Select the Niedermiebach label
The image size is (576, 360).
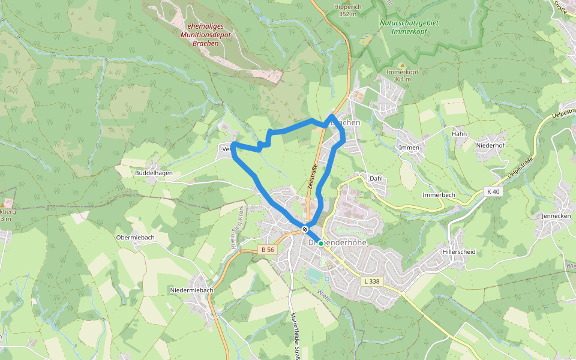coord(192,290)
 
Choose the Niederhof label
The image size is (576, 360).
coord(490,145)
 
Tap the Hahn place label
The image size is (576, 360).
coord(459,134)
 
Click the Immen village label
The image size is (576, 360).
coord(409,148)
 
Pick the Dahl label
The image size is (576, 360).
coord(376,179)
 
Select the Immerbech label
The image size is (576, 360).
coord(439,196)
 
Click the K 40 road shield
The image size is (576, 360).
coord(493,191)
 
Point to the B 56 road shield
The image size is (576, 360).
coord(268,248)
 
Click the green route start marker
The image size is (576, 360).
coord(321,243)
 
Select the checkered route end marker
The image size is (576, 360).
coord(305,229)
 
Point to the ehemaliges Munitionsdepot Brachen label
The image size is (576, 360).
coord(206,35)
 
